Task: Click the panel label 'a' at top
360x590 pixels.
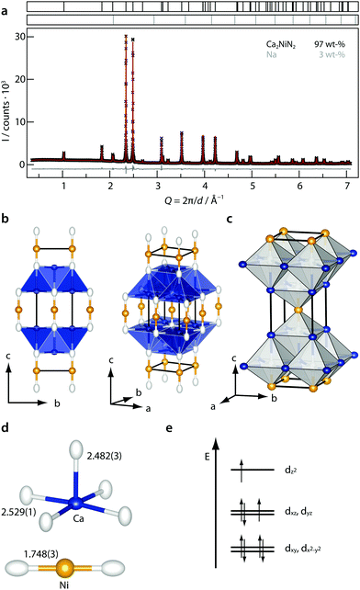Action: (6, 6)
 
